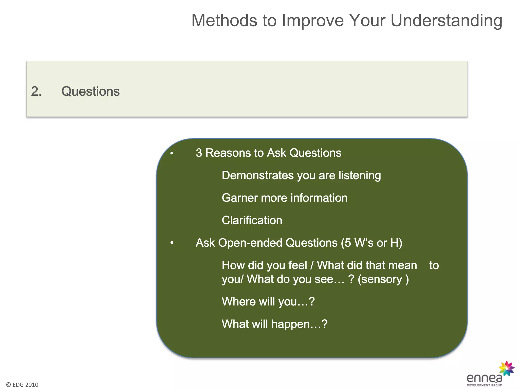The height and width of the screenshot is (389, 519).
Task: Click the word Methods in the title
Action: point(225,21)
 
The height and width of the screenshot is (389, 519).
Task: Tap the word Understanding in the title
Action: point(446,21)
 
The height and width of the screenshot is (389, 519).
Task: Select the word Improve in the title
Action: point(313,21)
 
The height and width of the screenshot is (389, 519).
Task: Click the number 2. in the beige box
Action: point(36,91)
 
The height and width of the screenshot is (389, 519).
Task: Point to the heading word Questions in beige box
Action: point(90,91)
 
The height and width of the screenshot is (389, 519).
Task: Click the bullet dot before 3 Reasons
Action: point(172,153)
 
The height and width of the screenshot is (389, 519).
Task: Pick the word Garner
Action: point(239,198)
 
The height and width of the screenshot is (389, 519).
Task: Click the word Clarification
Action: point(252,220)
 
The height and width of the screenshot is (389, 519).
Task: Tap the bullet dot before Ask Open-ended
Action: point(172,243)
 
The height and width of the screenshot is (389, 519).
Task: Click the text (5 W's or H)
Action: point(371,243)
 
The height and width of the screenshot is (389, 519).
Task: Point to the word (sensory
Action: point(380,279)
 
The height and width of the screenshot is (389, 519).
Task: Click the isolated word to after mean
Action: point(434,265)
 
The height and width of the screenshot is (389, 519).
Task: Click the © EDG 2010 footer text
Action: point(22,385)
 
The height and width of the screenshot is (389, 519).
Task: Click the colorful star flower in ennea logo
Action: point(506,368)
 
